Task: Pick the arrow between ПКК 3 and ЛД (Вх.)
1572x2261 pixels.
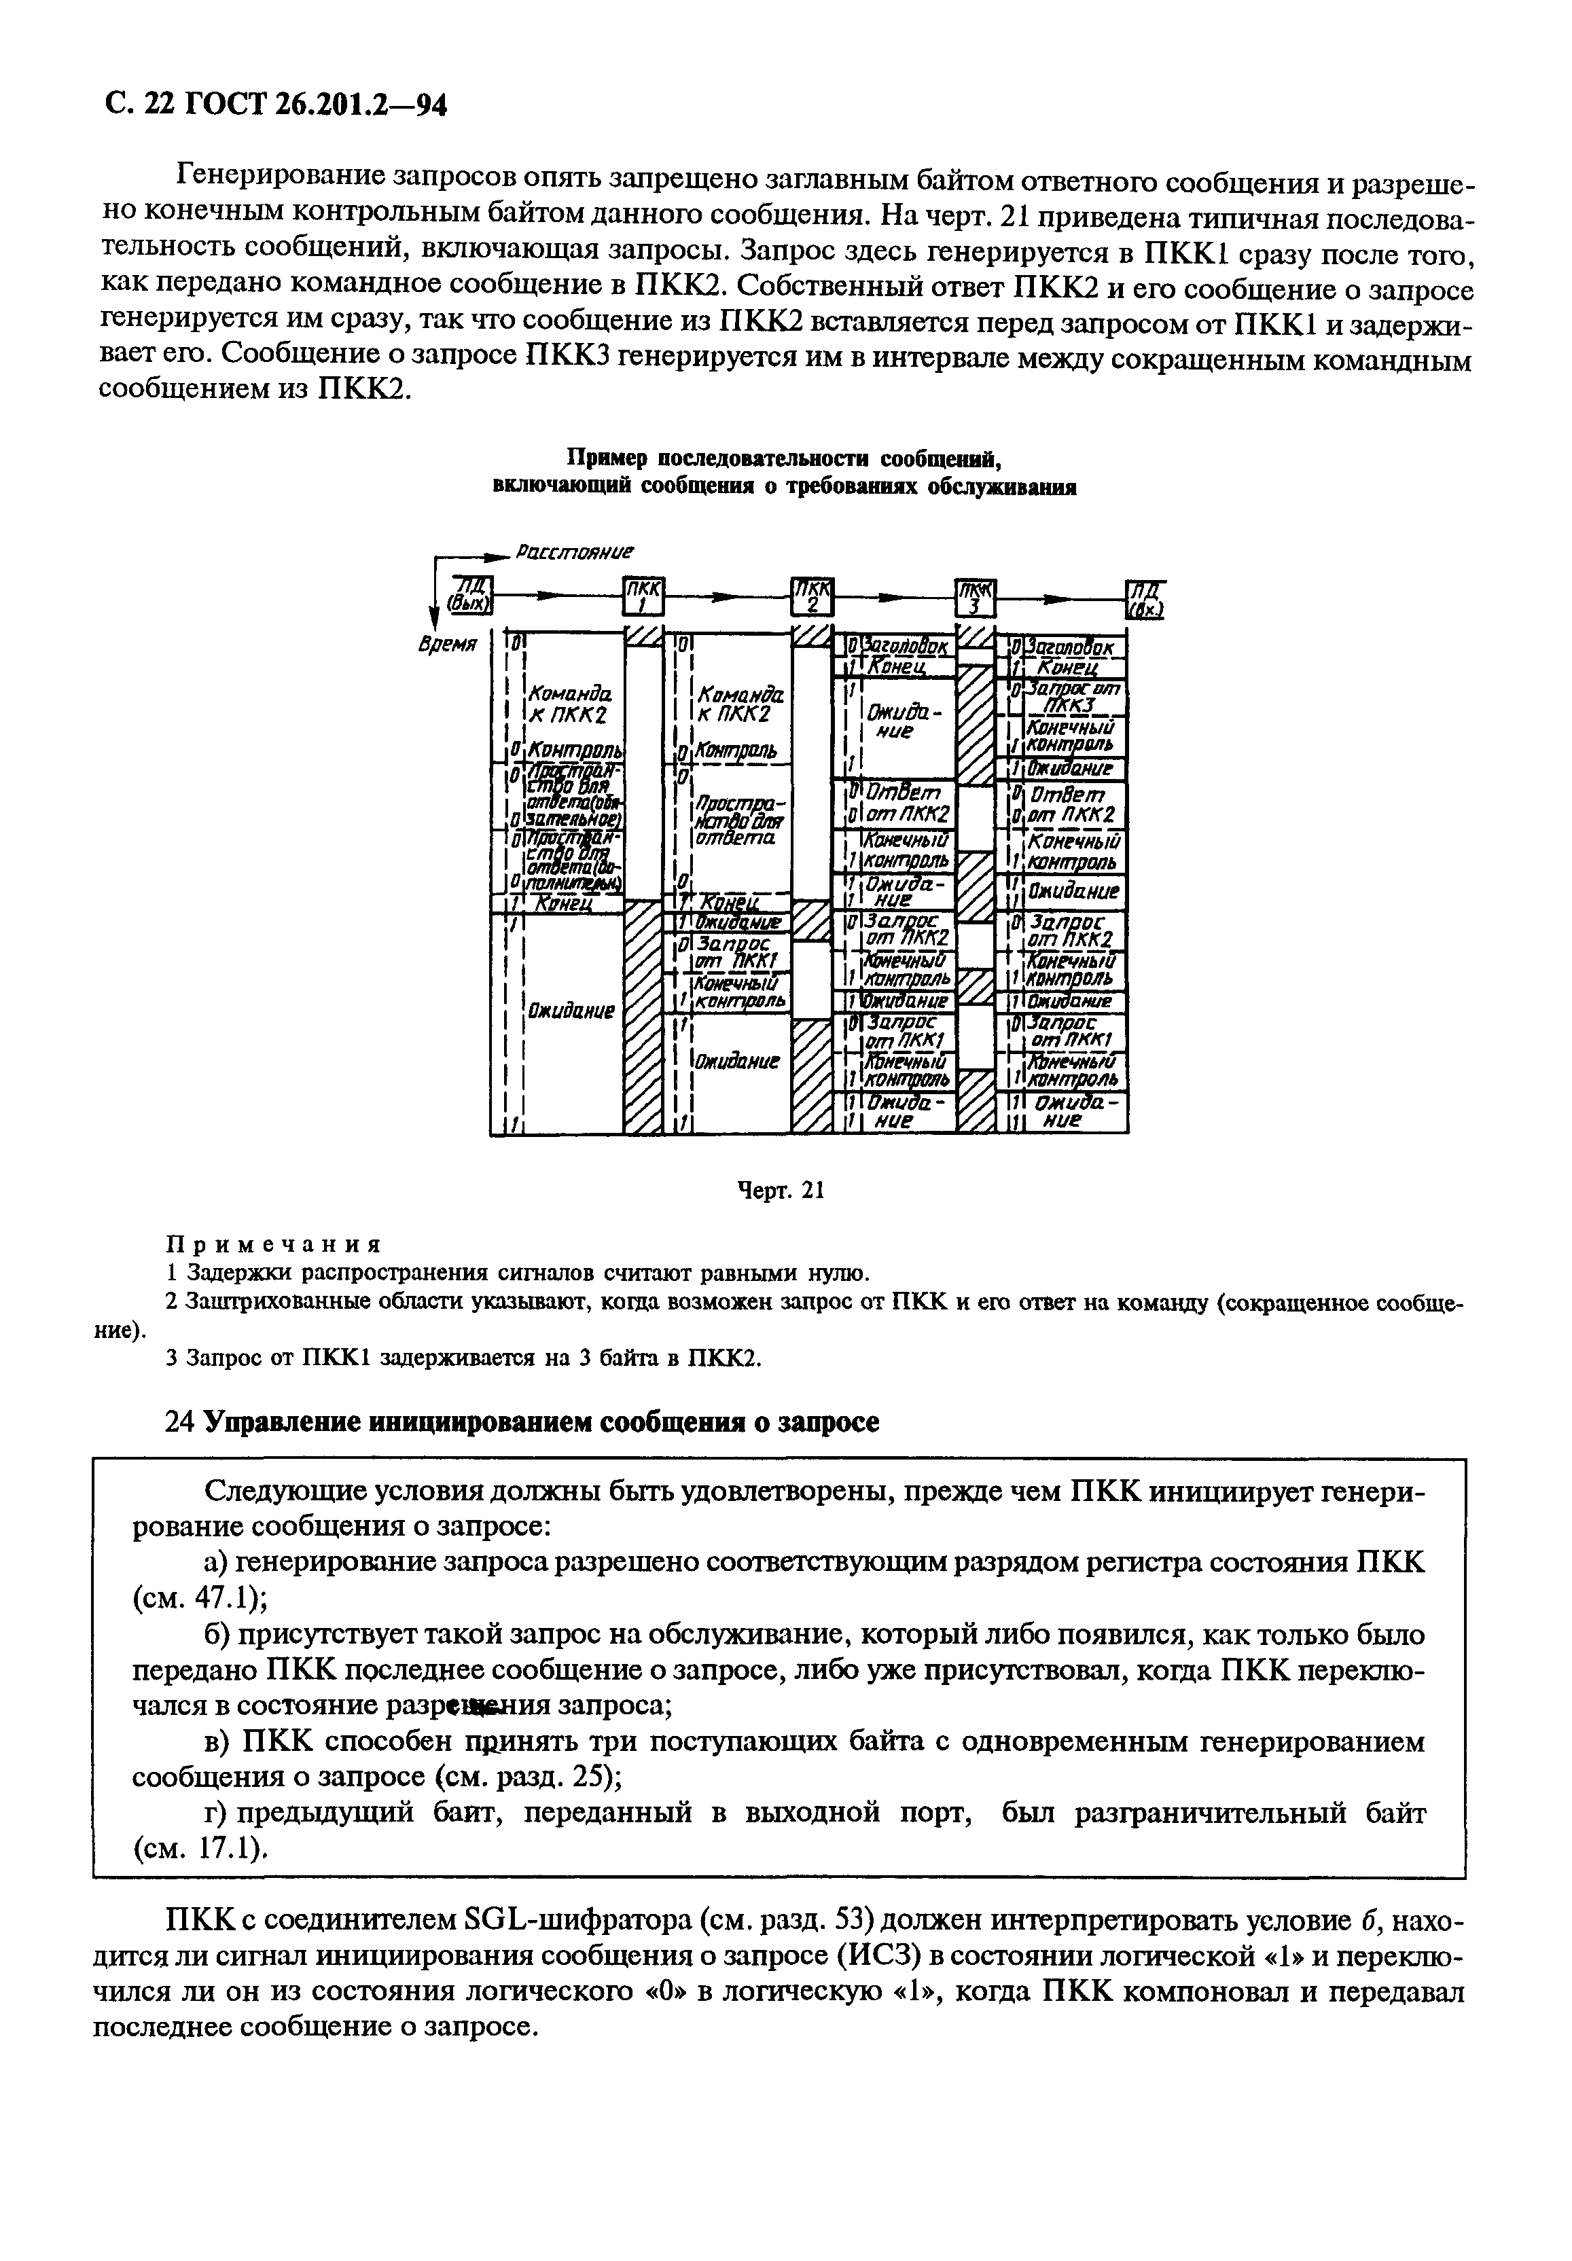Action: (1062, 597)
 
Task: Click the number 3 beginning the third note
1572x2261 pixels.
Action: (171, 1358)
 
